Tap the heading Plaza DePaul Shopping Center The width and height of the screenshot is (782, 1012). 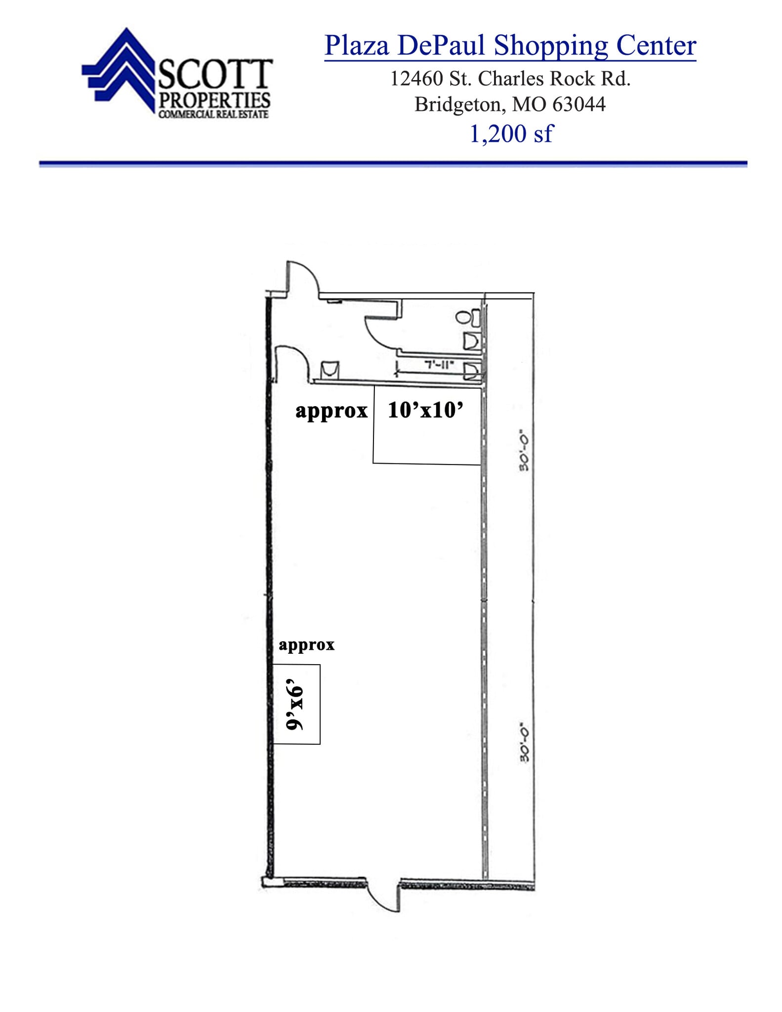click(x=510, y=45)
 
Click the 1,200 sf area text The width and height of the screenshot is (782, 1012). click(x=511, y=133)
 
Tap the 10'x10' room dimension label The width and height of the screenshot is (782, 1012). click(x=425, y=410)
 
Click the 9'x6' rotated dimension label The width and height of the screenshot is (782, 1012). click(x=296, y=708)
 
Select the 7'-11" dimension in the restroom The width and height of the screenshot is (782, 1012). click(x=439, y=365)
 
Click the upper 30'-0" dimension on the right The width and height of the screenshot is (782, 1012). click(x=524, y=452)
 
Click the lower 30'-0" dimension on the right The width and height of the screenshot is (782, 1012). click(x=524, y=744)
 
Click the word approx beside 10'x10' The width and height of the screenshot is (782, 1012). click(x=331, y=411)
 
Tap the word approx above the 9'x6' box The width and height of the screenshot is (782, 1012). click(x=306, y=644)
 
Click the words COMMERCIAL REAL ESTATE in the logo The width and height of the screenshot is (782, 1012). click(x=213, y=114)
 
